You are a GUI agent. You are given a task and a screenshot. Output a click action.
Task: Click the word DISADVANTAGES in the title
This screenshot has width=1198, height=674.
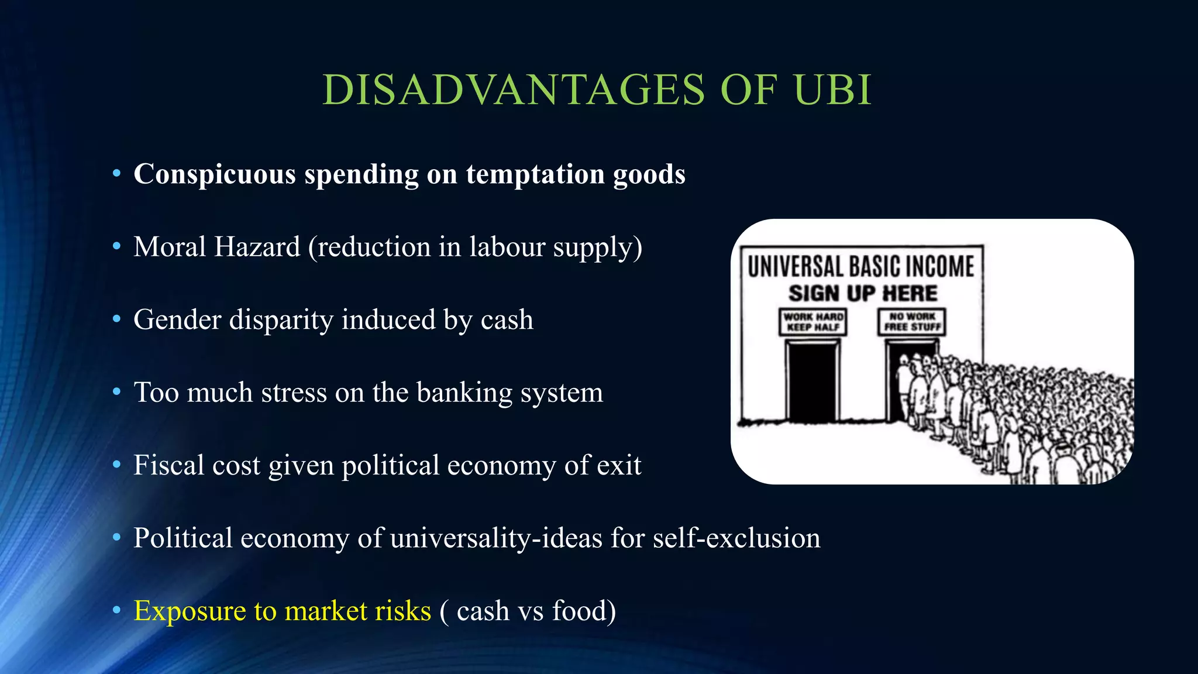click(x=514, y=90)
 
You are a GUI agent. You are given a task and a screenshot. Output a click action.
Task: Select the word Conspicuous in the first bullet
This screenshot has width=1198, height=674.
click(x=215, y=174)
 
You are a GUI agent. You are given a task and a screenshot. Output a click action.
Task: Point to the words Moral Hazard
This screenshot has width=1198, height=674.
click(x=216, y=246)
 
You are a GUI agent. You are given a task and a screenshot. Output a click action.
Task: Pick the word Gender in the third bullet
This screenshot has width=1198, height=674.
click(x=177, y=319)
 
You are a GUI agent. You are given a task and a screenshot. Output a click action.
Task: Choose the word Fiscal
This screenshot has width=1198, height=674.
click(x=168, y=465)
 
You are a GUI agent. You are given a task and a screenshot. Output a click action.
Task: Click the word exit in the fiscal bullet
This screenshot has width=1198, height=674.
click(x=619, y=465)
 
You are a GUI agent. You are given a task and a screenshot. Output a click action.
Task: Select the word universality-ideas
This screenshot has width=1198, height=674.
click(x=496, y=538)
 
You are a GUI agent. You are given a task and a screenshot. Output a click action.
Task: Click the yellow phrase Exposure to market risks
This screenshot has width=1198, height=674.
click(x=282, y=611)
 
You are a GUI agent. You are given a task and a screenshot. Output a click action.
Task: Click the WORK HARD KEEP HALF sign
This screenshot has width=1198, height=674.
click(x=813, y=322)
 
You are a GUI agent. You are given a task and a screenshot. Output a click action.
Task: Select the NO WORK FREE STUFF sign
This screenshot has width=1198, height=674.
click(x=912, y=322)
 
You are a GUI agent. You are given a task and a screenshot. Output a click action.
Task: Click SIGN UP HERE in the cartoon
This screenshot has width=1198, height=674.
click(x=863, y=293)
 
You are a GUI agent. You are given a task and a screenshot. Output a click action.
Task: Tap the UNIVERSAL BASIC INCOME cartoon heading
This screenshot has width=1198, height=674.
click(x=861, y=266)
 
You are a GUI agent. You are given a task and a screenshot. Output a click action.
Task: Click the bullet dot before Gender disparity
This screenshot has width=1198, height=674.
click(x=116, y=319)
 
